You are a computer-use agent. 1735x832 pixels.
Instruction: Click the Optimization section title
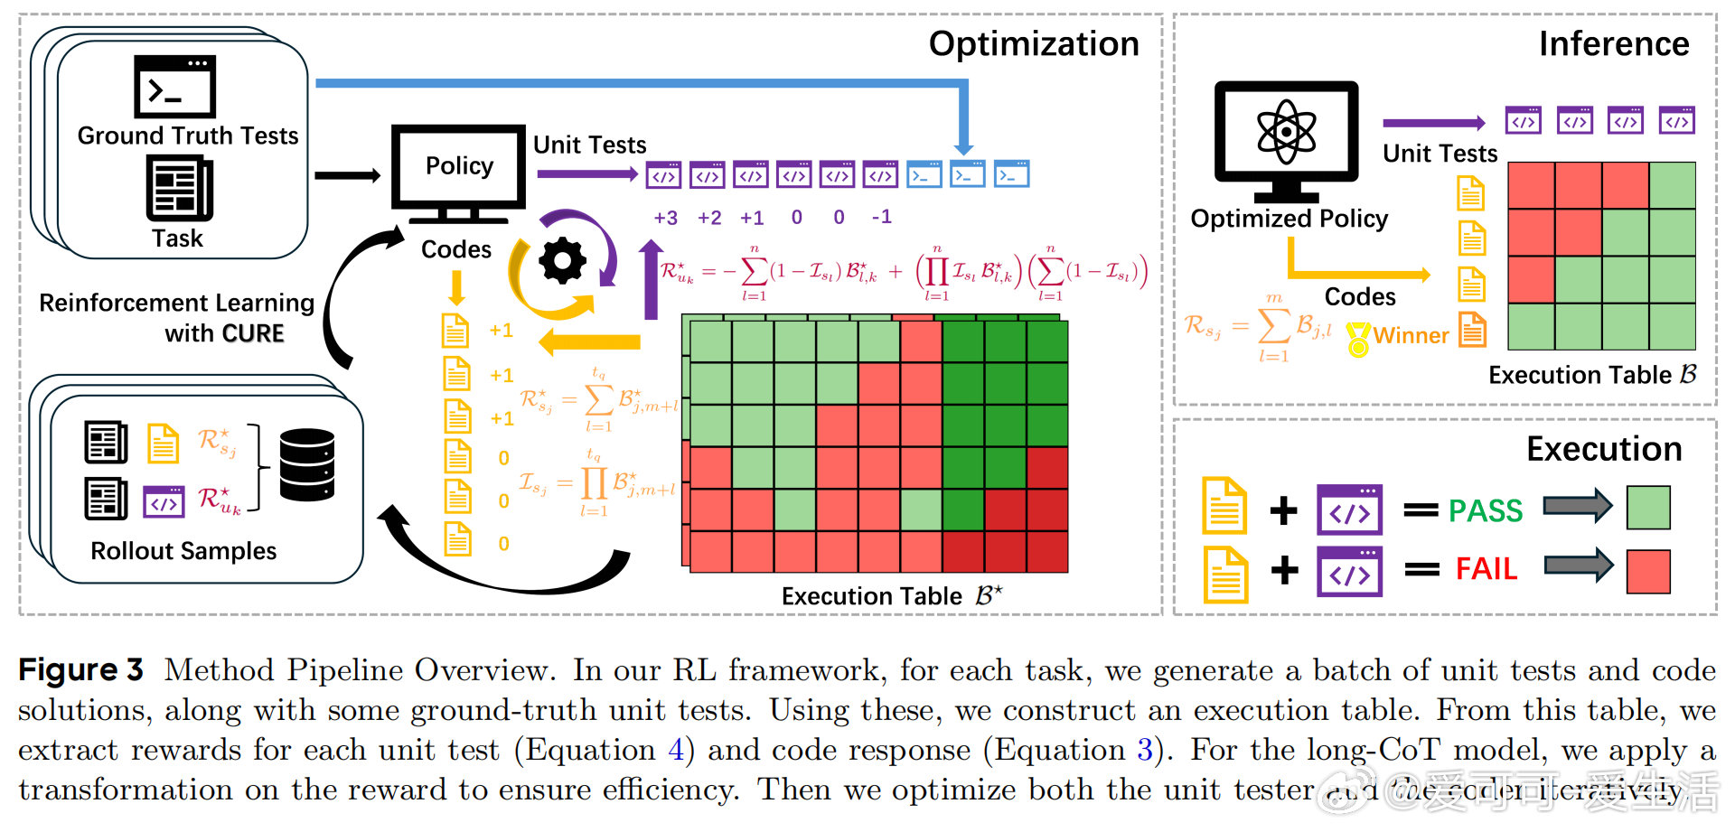pos(1034,44)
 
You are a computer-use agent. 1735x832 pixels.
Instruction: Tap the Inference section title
pos(1614,44)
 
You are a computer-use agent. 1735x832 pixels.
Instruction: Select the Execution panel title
pos(1604,449)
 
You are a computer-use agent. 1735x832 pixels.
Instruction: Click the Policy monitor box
pos(459,166)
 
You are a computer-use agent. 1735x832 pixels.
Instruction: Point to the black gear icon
pos(562,261)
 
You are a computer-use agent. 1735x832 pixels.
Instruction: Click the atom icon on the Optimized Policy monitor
pos(1286,133)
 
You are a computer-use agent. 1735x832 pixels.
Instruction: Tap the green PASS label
pos(1486,511)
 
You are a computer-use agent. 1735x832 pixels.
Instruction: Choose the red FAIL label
pos(1486,569)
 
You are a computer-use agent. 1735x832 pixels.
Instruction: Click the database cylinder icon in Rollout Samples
pos(307,464)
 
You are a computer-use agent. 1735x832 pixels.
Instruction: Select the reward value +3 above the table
pos(666,218)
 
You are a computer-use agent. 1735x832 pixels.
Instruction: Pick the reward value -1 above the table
pos(882,217)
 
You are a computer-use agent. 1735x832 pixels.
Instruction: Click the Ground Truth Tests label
pos(188,136)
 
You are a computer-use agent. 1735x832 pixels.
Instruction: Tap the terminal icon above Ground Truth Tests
pos(174,87)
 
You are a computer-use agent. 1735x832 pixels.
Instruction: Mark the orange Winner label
pos(1411,336)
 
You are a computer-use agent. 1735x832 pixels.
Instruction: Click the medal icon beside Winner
pos(1358,340)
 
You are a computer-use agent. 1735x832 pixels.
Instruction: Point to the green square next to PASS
pos(1648,508)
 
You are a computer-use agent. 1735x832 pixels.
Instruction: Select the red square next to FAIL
pos(1648,571)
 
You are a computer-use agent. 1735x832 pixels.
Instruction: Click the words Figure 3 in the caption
pos(80,670)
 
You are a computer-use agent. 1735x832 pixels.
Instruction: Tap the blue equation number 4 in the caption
pos(676,750)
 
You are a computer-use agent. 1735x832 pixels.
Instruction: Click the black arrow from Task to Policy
pos(348,175)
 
